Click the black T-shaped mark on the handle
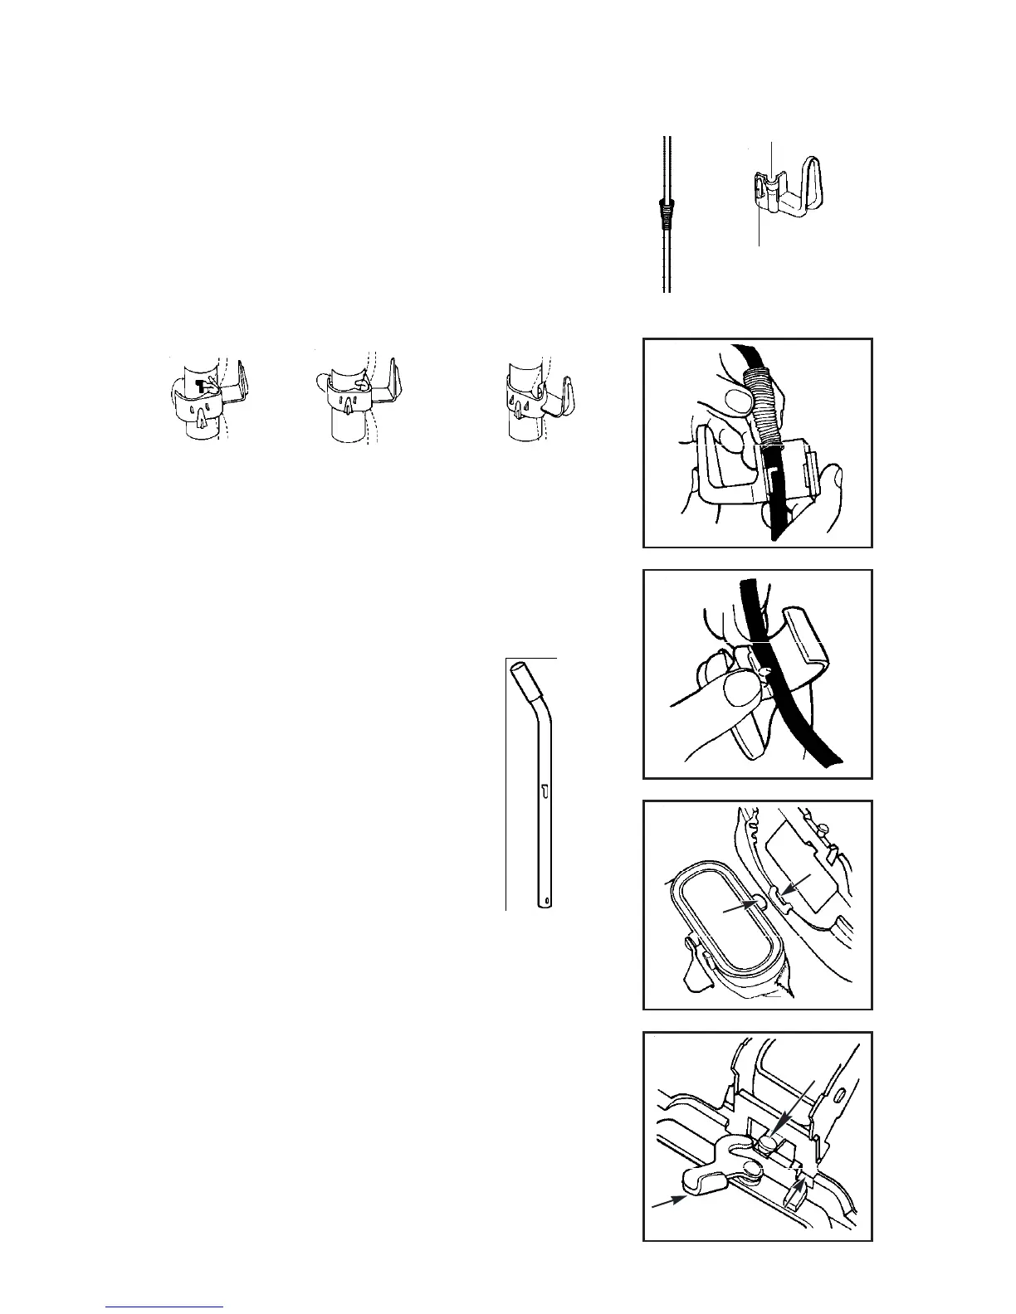202,384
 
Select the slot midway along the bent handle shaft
545,792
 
